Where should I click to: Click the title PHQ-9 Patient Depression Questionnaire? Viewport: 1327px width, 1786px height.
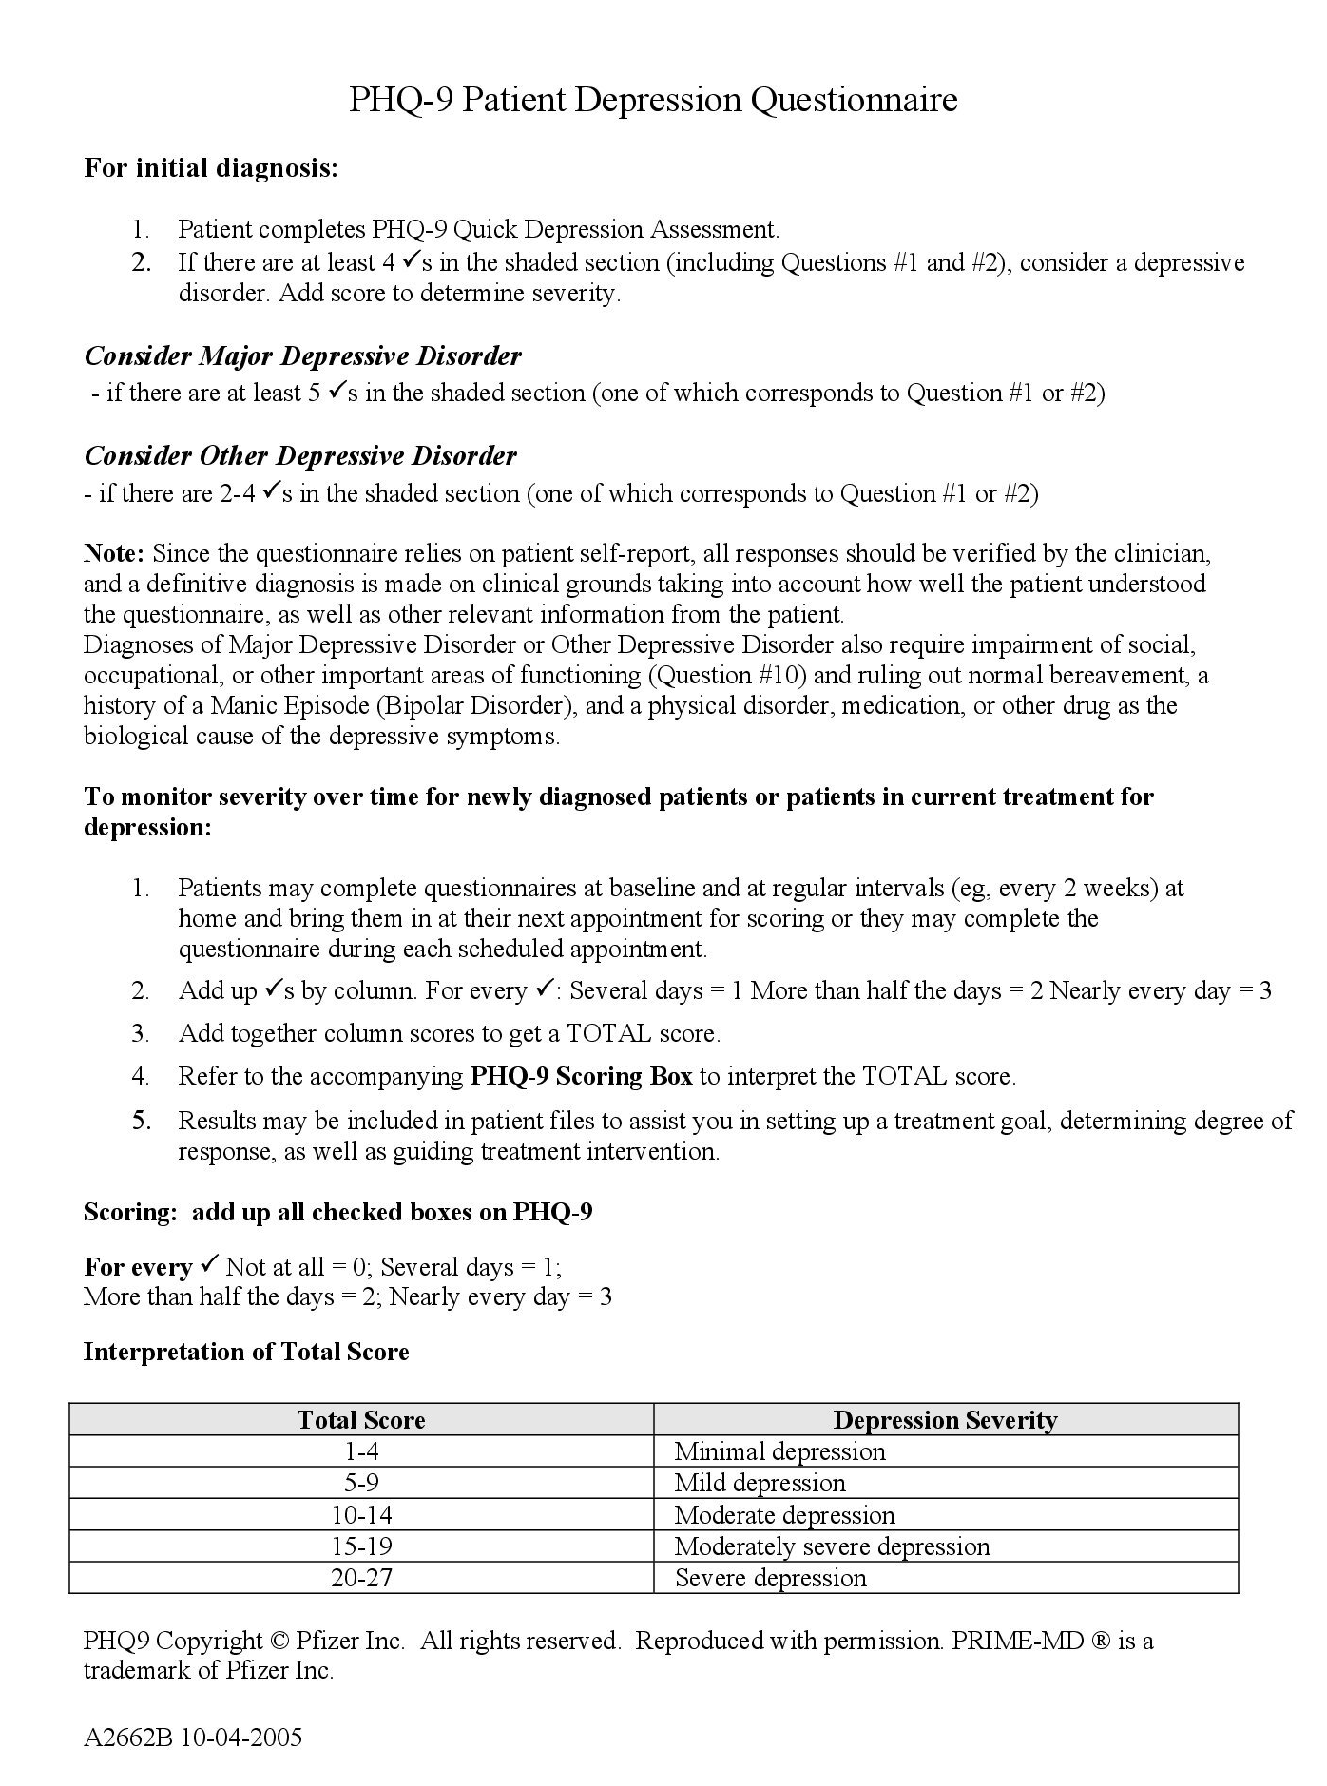click(x=653, y=100)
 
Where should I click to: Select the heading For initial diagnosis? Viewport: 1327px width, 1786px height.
click(x=211, y=168)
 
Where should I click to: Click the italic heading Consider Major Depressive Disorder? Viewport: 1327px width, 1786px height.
click(x=302, y=356)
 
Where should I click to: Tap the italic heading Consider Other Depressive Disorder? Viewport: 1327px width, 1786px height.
click(x=300, y=456)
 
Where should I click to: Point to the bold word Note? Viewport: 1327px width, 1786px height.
click(x=114, y=553)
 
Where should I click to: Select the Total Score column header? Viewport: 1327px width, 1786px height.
click(x=361, y=1420)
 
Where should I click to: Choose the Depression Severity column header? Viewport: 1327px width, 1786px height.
click(x=945, y=1420)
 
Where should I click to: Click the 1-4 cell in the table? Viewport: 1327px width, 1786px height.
click(x=361, y=1451)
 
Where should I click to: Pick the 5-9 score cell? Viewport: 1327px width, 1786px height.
click(x=361, y=1483)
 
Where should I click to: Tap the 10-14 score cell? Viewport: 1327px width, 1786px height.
click(x=361, y=1515)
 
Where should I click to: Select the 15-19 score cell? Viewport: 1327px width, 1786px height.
click(x=361, y=1546)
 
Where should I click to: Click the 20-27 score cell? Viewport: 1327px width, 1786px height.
click(x=361, y=1578)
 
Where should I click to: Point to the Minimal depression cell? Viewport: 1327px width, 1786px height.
click(x=779, y=1451)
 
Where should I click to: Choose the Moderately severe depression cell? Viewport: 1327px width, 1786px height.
click(x=832, y=1546)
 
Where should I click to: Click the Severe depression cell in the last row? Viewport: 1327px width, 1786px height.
click(x=771, y=1578)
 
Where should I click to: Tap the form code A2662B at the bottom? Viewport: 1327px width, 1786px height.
click(x=125, y=1738)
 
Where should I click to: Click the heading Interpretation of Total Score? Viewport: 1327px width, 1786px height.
click(x=246, y=1352)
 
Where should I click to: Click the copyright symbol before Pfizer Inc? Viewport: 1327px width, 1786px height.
click(x=279, y=1642)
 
